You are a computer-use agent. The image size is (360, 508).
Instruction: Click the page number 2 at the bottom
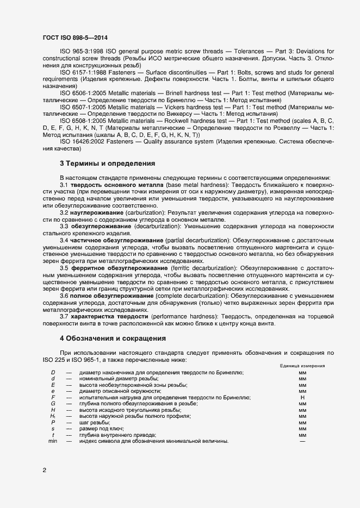click(44, 470)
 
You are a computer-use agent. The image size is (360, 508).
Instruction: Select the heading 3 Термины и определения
click(107, 163)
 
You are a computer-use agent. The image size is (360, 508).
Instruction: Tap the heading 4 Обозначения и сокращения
click(113, 338)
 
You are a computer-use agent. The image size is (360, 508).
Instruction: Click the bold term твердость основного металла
click(117, 185)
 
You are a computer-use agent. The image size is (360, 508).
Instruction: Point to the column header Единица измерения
click(302, 366)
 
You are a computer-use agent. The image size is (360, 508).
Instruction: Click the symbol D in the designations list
click(53, 372)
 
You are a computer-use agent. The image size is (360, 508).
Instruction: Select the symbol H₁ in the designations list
click(53, 416)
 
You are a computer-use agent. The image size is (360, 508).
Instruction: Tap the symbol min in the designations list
click(53, 441)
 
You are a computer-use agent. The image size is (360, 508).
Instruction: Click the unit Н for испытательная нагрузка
click(302, 397)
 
